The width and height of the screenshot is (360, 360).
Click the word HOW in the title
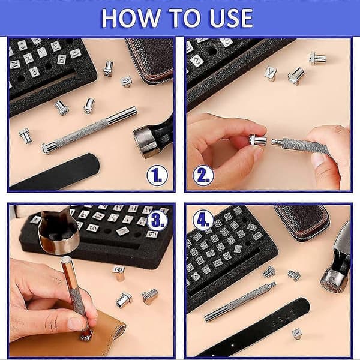[130, 18]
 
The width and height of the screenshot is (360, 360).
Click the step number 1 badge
[157, 176]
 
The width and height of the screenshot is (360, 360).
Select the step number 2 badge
[203, 176]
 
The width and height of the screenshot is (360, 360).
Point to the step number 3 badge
[157, 220]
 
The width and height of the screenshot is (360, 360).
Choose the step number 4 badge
[203, 220]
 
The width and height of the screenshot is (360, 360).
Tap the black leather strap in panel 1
[55, 172]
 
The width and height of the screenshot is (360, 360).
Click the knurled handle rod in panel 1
[89, 130]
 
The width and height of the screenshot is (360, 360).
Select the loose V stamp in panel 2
[270, 73]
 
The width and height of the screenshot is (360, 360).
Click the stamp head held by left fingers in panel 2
[257, 140]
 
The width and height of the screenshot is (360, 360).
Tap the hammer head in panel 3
[59, 232]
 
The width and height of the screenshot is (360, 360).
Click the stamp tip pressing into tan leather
[86, 335]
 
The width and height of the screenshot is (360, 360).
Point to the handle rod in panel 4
[240, 302]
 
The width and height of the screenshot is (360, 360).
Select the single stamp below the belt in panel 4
[296, 334]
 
